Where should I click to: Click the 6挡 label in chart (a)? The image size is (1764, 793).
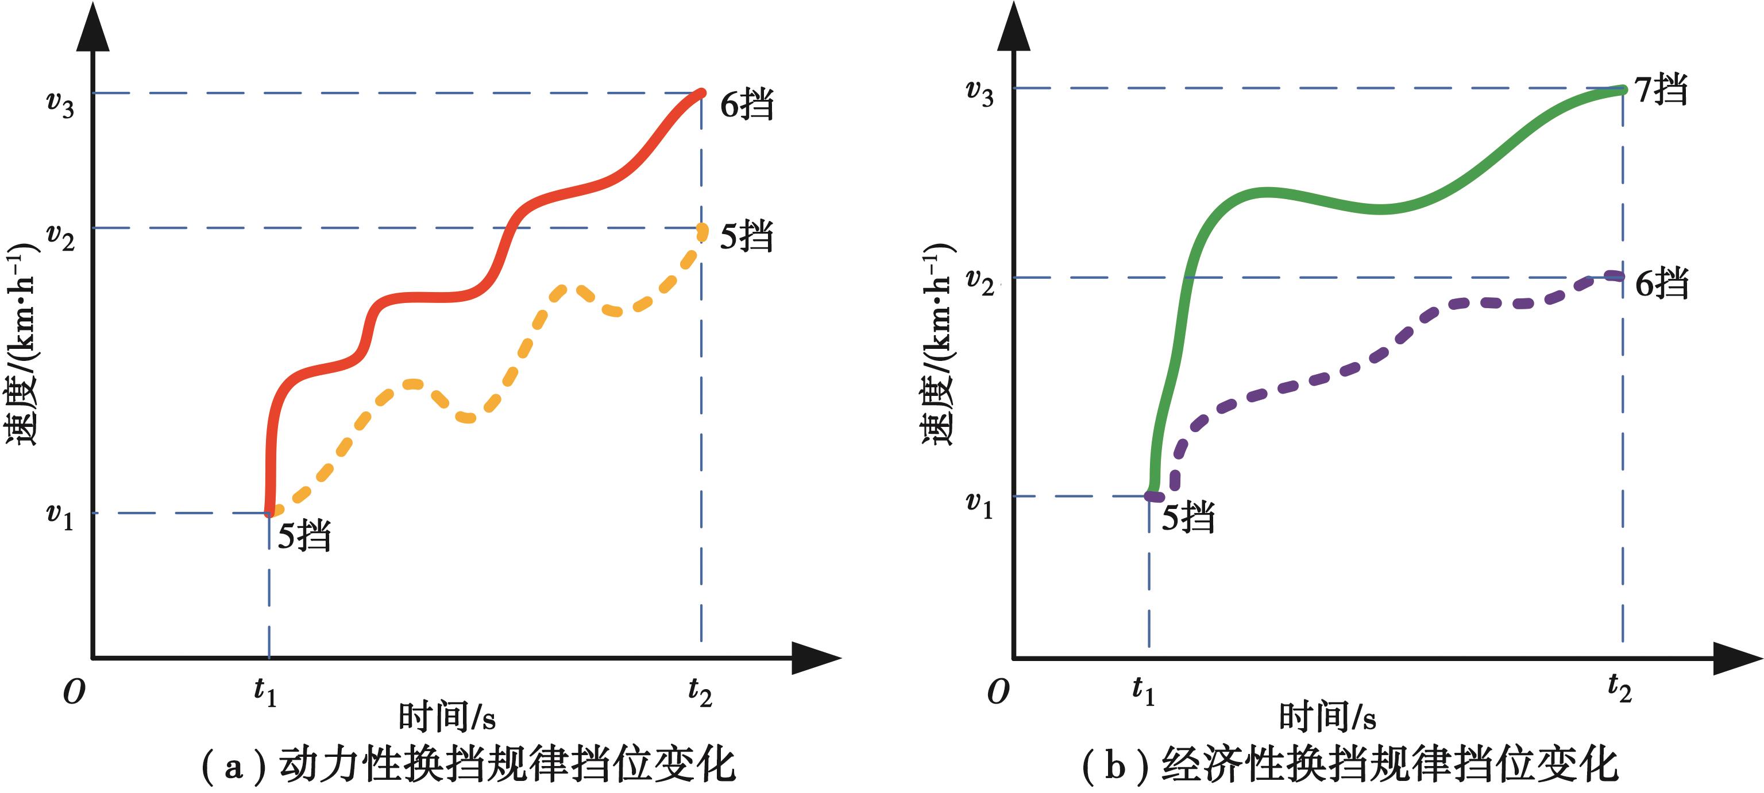[746, 104]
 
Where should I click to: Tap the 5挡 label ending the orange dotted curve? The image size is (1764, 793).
[746, 236]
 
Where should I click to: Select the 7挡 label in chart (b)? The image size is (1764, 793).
[1661, 90]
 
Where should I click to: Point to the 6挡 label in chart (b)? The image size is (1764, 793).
[1661, 282]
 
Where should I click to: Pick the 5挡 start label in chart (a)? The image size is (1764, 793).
[304, 534]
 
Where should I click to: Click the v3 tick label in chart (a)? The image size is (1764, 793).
[60, 104]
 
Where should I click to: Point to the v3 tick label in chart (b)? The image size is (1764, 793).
[979, 92]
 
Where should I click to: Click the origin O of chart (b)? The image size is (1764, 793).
[998, 693]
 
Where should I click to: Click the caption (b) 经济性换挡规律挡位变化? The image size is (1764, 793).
[1350, 765]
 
